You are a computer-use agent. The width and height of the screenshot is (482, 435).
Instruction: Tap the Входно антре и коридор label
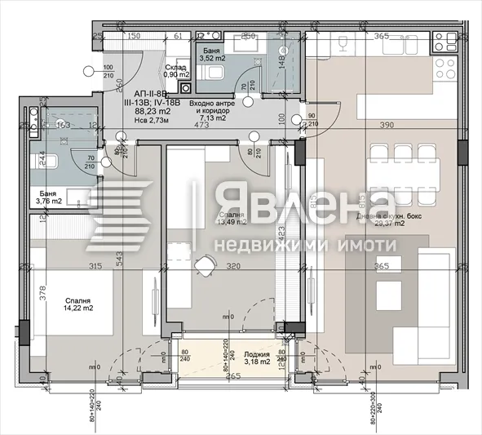click(210, 109)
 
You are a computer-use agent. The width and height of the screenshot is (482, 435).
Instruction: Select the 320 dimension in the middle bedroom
click(234, 265)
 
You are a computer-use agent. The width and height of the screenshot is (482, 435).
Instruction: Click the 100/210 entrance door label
click(108, 72)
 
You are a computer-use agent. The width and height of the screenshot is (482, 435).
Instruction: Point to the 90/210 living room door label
click(312, 121)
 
